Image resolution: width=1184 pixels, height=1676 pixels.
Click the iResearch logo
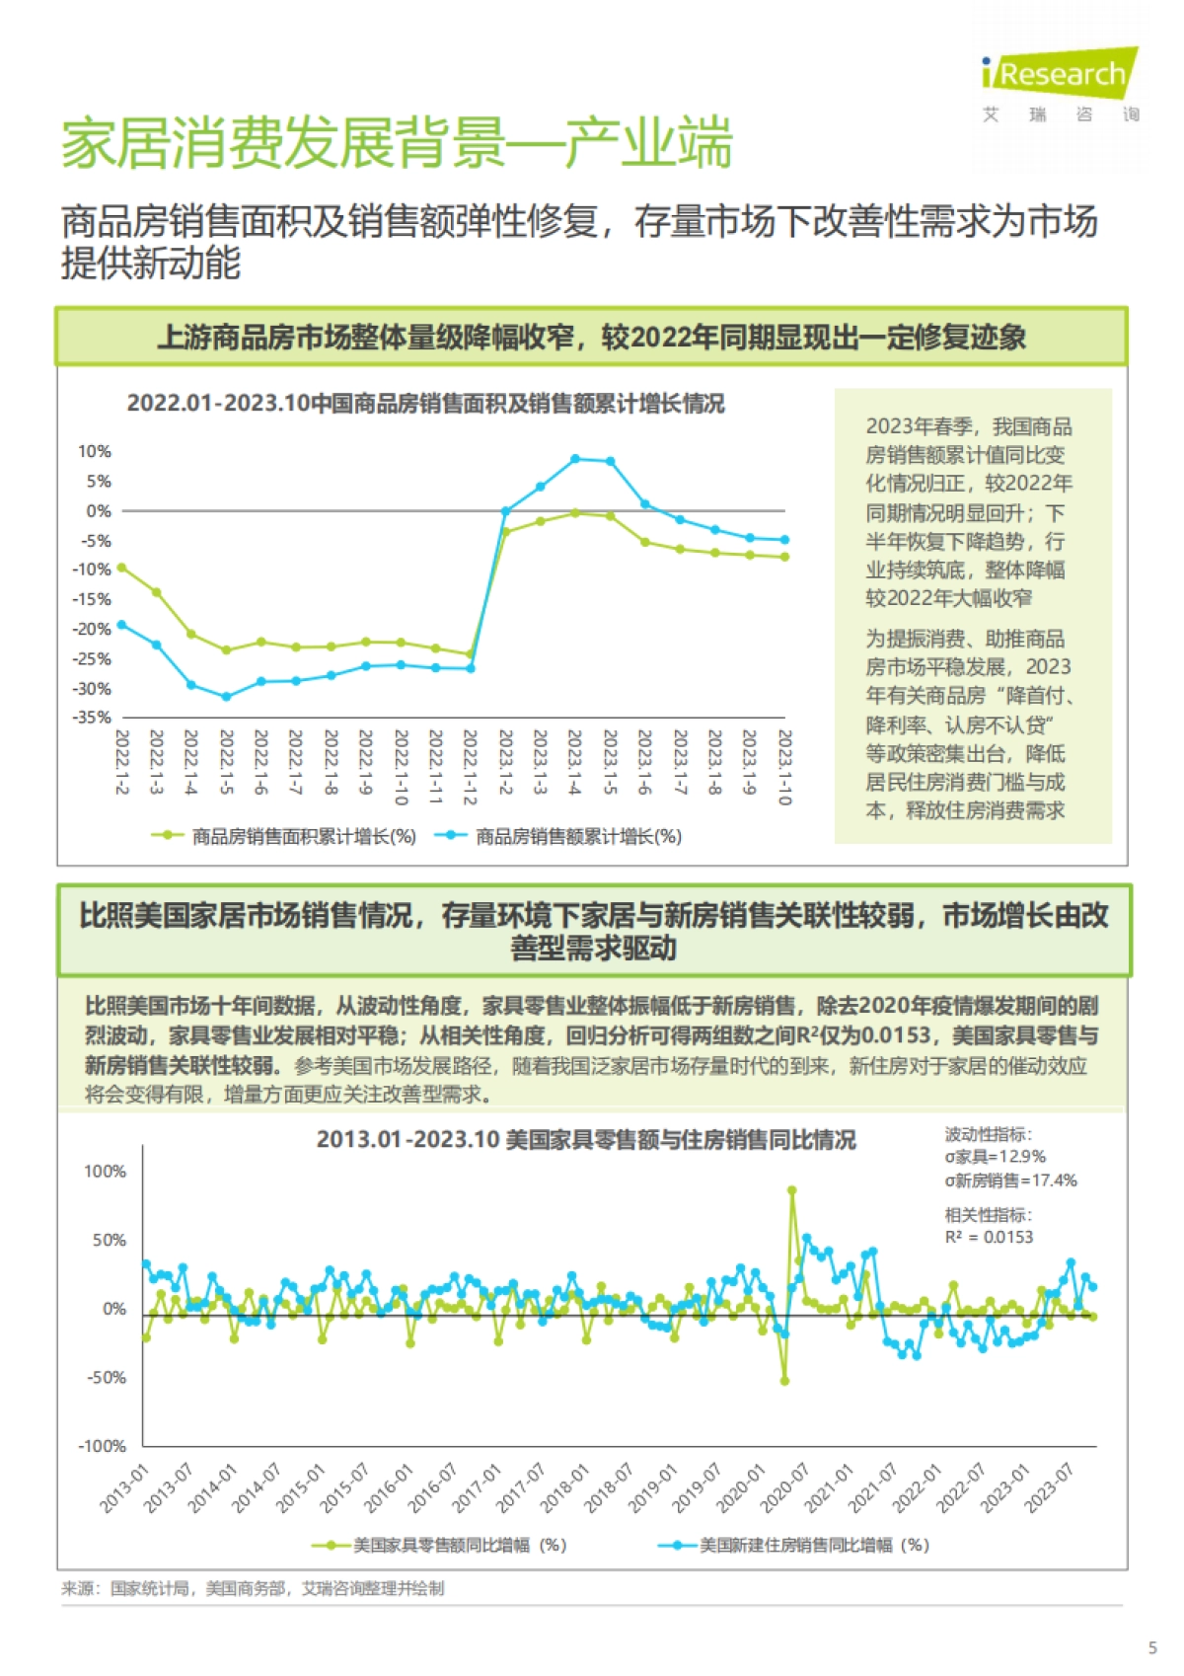(x=1061, y=74)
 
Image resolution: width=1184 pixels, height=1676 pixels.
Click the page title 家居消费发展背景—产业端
(x=397, y=143)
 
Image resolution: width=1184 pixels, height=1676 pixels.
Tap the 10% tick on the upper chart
(x=95, y=452)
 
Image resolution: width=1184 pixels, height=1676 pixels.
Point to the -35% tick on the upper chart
(x=92, y=718)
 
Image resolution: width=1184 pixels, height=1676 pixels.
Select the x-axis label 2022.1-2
(x=122, y=761)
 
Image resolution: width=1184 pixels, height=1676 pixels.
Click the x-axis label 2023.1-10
(x=784, y=767)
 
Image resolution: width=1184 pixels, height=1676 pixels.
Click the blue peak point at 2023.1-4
(x=575, y=459)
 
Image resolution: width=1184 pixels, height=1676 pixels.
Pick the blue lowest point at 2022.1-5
(x=226, y=697)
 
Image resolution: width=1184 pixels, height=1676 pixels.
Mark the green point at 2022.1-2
(x=121, y=568)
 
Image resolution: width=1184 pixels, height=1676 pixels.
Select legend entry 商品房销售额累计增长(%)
(x=578, y=837)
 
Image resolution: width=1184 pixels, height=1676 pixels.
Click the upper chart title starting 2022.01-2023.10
(x=425, y=404)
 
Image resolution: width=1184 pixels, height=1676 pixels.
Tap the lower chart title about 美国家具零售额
(x=586, y=1139)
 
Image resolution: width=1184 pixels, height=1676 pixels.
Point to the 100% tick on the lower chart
(x=105, y=1172)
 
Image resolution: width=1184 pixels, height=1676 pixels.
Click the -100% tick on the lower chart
(x=103, y=1446)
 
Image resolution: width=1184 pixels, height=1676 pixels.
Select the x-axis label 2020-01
(x=741, y=1488)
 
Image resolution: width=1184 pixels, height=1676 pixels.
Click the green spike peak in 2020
(x=791, y=1190)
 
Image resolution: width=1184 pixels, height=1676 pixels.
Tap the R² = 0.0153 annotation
(x=989, y=1237)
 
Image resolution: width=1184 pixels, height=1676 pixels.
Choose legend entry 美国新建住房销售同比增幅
(x=814, y=1545)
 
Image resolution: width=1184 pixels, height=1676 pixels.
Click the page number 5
(x=1152, y=1647)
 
